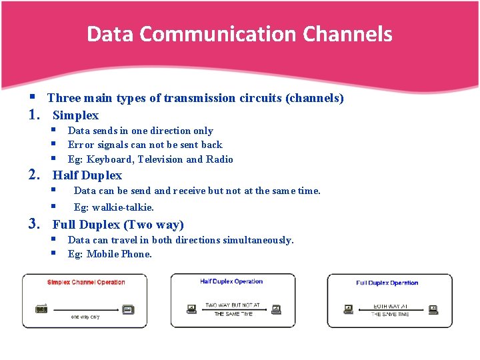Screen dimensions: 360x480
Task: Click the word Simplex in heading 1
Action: pos(75,115)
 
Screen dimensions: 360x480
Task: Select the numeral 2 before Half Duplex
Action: pos(33,175)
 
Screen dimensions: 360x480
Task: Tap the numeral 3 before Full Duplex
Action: pos(33,225)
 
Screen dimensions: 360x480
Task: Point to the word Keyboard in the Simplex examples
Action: pos(111,159)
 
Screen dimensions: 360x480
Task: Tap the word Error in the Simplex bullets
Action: pos(80,145)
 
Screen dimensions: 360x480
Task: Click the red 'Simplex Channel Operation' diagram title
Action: pos(86,282)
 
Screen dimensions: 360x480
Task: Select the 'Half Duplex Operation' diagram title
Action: pos(231,281)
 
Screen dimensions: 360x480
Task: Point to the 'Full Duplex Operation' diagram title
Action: pos(387,283)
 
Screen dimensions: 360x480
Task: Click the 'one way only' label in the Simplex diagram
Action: pos(85,317)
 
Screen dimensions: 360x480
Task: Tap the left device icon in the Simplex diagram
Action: pos(42,309)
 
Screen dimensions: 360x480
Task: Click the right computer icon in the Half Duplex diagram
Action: pos(276,309)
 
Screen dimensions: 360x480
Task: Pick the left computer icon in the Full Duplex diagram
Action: pos(348,309)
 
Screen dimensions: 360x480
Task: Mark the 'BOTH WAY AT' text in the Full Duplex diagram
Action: pos(390,306)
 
